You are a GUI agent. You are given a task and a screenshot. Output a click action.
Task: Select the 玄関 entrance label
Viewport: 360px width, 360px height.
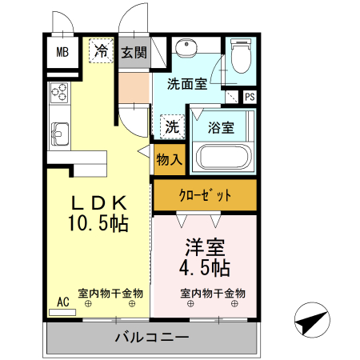(x=134, y=53)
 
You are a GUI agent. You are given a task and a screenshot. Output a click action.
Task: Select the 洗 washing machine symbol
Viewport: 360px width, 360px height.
(x=171, y=126)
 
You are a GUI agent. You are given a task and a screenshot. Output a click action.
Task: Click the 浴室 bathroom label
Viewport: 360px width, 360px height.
(x=222, y=126)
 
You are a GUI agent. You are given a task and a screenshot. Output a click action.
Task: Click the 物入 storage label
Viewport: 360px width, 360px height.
(x=170, y=159)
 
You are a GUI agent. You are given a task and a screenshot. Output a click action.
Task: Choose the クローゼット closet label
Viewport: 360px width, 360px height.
(x=205, y=195)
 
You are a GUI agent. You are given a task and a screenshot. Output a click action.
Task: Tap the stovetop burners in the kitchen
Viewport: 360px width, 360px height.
(x=59, y=94)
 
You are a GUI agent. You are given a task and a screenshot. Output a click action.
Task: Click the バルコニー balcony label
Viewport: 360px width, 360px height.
(x=150, y=337)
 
